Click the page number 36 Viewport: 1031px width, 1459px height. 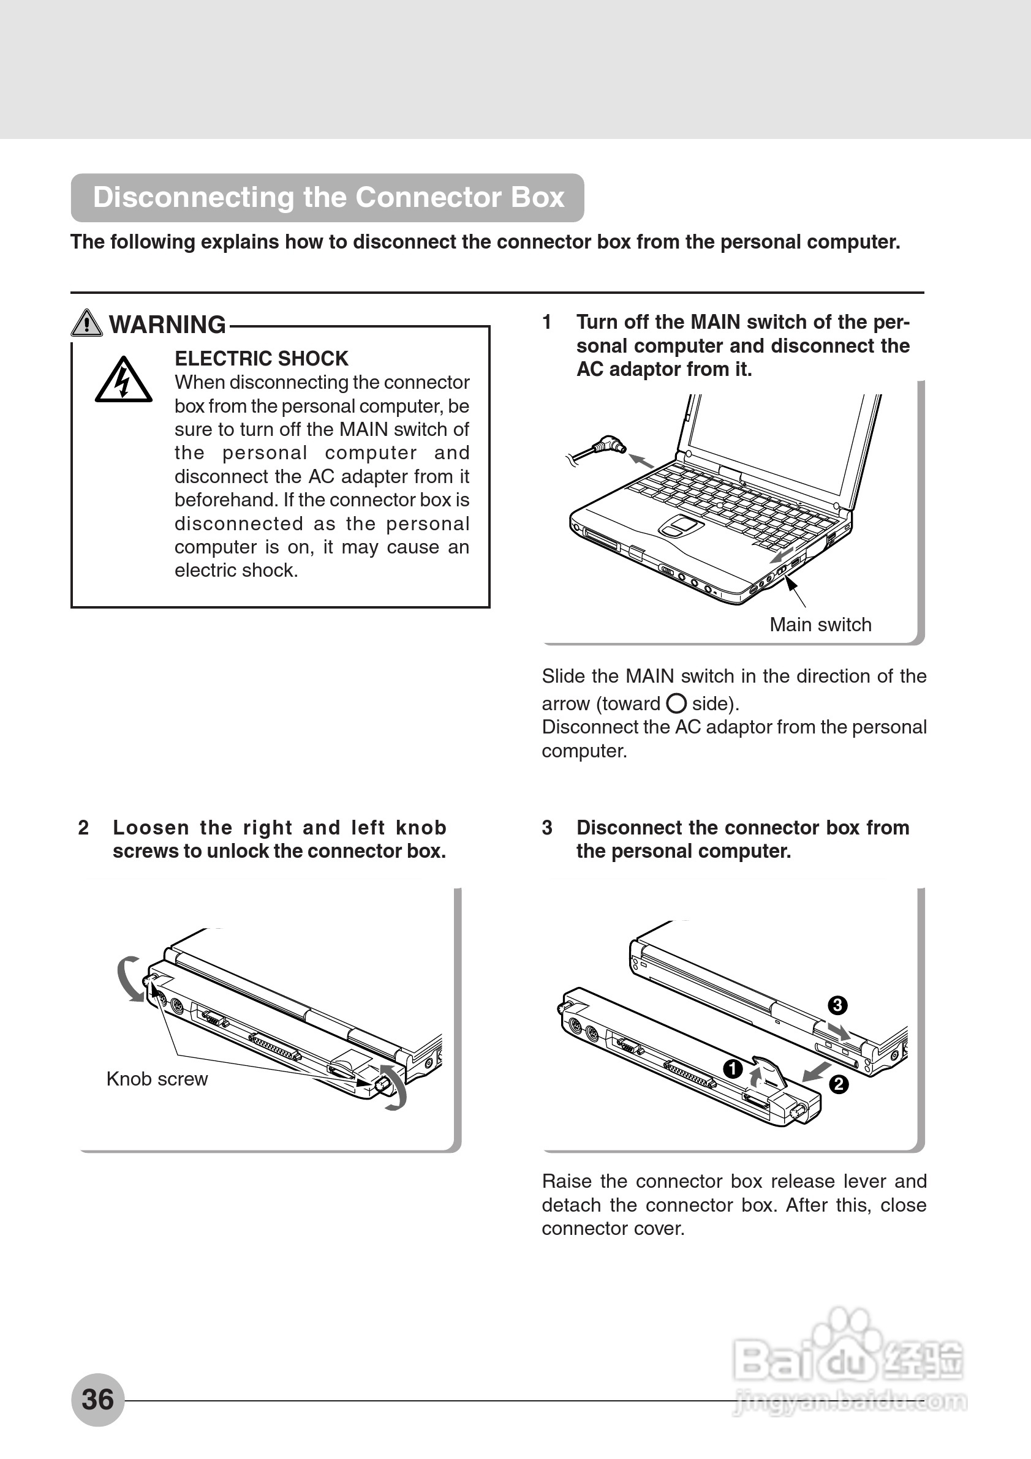[x=97, y=1399]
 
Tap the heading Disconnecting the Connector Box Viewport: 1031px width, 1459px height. [x=328, y=197]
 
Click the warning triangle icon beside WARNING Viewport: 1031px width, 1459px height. [x=86, y=323]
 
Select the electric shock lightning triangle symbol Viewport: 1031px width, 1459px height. [x=123, y=381]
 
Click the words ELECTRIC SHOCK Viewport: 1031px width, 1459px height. [x=261, y=358]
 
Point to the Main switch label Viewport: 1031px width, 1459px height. [x=820, y=624]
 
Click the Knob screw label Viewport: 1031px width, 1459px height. [x=157, y=1079]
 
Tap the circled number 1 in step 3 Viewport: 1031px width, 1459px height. [x=733, y=1069]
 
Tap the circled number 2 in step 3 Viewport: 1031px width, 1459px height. [x=839, y=1084]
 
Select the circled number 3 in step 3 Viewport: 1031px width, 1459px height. [x=837, y=1005]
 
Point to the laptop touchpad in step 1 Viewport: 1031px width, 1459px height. [x=680, y=525]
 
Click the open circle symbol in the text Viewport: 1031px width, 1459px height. [x=676, y=703]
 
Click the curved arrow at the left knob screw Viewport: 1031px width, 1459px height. [x=129, y=979]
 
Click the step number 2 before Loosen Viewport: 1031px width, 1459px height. [x=83, y=828]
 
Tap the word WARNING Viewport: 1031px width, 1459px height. [x=167, y=324]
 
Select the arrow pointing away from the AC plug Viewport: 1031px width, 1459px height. [x=641, y=460]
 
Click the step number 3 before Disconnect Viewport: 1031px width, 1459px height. [x=547, y=828]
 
